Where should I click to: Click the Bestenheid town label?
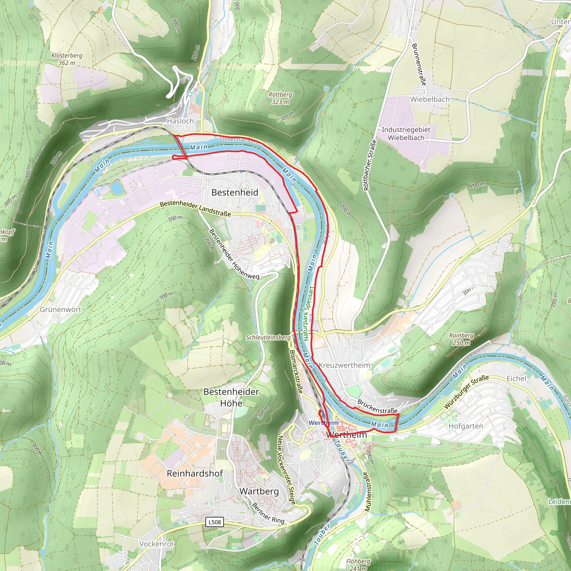pyautogui.click(x=235, y=193)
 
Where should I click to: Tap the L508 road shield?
pyautogui.click(x=215, y=522)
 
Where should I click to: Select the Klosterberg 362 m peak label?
pyautogui.click(x=67, y=59)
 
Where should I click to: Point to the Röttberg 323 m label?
pyautogui.click(x=280, y=98)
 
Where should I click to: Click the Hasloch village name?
pyautogui.click(x=180, y=121)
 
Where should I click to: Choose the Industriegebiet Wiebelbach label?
pyautogui.click(x=406, y=134)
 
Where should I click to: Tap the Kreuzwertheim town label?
pyautogui.click(x=344, y=365)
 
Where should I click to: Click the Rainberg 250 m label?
pyautogui.click(x=461, y=339)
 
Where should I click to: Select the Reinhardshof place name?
pyautogui.click(x=195, y=473)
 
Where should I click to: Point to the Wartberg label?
pyautogui.click(x=259, y=491)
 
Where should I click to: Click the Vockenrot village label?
pyautogui.click(x=157, y=544)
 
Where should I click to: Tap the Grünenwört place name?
pyautogui.click(x=61, y=309)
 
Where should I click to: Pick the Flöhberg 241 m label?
pyautogui.click(x=358, y=564)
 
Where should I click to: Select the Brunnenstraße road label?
pyautogui.click(x=419, y=64)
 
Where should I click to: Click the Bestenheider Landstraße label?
pyautogui.click(x=195, y=209)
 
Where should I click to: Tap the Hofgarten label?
pyautogui.click(x=466, y=426)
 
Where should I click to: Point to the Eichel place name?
pyautogui.click(x=516, y=379)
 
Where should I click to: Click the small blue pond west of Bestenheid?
pyautogui.click(x=117, y=188)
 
